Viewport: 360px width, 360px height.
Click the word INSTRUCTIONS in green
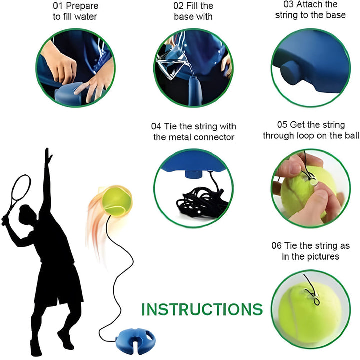point(202,309)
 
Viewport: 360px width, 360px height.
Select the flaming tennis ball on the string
point(117,201)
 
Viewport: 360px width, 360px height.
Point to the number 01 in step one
point(58,6)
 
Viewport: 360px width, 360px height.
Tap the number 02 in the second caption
point(178,6)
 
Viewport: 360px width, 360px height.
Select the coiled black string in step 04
point(201,201)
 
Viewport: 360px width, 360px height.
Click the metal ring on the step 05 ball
point(313,182)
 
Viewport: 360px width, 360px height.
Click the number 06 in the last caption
point(276,246)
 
